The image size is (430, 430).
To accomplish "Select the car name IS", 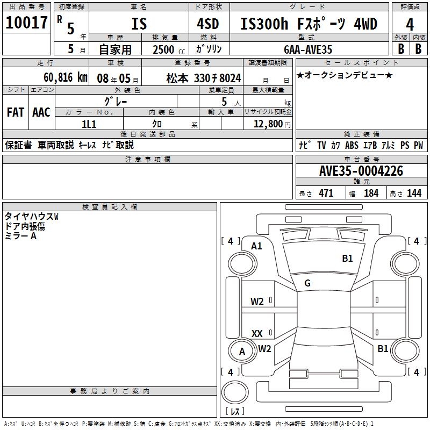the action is [x=138, y=24].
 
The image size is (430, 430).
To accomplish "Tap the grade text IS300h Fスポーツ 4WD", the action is [x=309, y=24].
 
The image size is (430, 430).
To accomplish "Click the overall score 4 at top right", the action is [x=410, y=25].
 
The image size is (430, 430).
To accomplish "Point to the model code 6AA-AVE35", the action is [x=308, y=49].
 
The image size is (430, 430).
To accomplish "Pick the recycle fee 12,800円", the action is [x=271, y=124].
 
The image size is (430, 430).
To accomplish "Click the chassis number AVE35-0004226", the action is [x=361, y=171].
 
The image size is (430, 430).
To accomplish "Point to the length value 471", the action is [x=326, y=193].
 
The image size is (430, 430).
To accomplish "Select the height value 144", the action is [x=414, y=193].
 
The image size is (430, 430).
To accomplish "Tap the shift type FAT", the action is [x=16, y=112].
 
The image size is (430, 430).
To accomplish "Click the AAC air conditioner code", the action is [x=41, y=112].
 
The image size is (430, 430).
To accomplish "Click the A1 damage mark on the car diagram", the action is [x=256, y=246].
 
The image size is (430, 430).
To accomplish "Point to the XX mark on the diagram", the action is [x=257, y=334].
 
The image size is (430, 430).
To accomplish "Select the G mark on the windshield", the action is [x=307, y=283].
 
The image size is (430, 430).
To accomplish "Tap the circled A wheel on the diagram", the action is [x=242, y=352].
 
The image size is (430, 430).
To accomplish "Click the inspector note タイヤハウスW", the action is [x=31, y=217].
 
